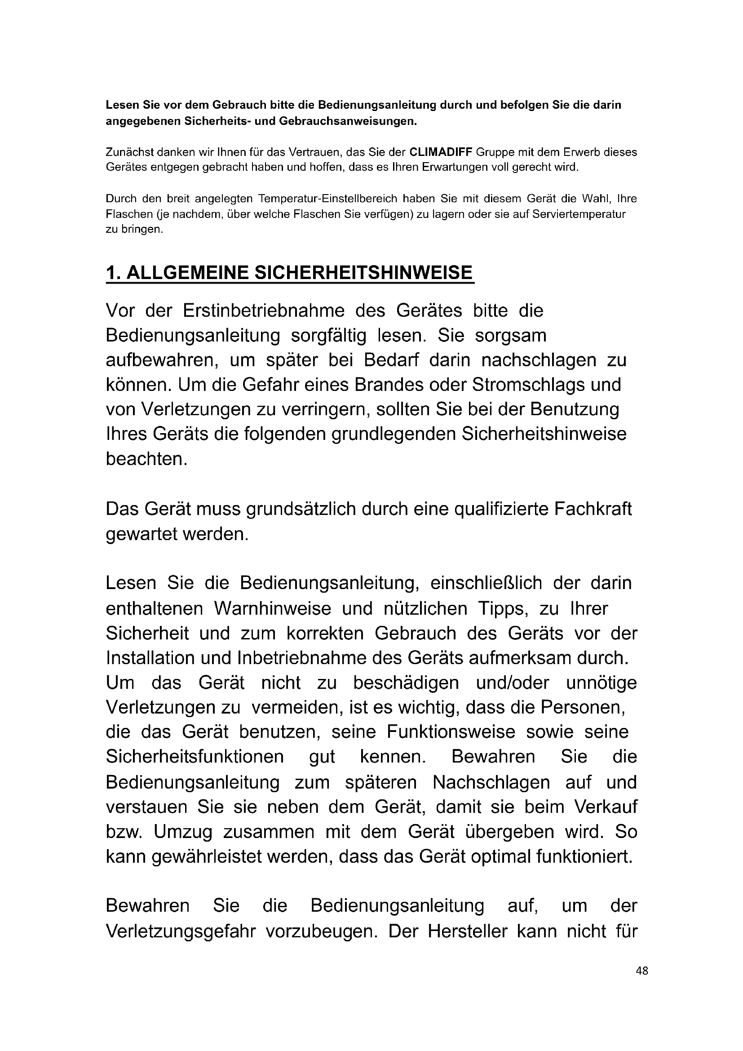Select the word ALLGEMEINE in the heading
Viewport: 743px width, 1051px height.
tap(188, 273)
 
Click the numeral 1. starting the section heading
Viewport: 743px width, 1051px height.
tap(114, 273)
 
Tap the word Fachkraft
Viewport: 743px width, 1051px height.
tap(593, 509)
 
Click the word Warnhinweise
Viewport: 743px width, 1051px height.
tap(273, 609)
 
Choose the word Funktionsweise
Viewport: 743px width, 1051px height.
tap(451, 732)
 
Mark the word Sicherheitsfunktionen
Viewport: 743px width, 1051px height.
tap(195, 757)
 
